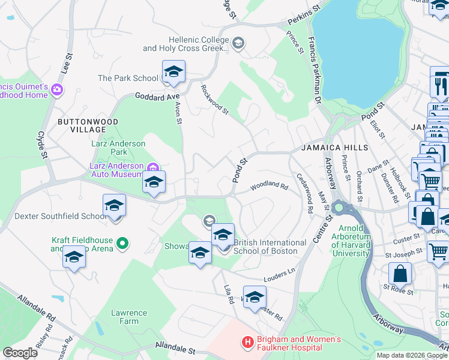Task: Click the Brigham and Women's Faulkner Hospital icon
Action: [247, 343]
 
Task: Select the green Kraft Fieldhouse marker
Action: [122, 244]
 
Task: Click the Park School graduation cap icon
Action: [173, 73]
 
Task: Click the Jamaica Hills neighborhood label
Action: [334, 147]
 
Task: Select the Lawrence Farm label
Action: [129, 317]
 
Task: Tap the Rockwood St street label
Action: [215, 99]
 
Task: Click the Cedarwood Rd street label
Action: [306, 194]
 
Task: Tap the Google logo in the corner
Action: [20, 353]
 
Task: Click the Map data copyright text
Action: [411, 355]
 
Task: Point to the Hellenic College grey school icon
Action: [238, 43]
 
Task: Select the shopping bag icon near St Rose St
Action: [400, 274]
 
